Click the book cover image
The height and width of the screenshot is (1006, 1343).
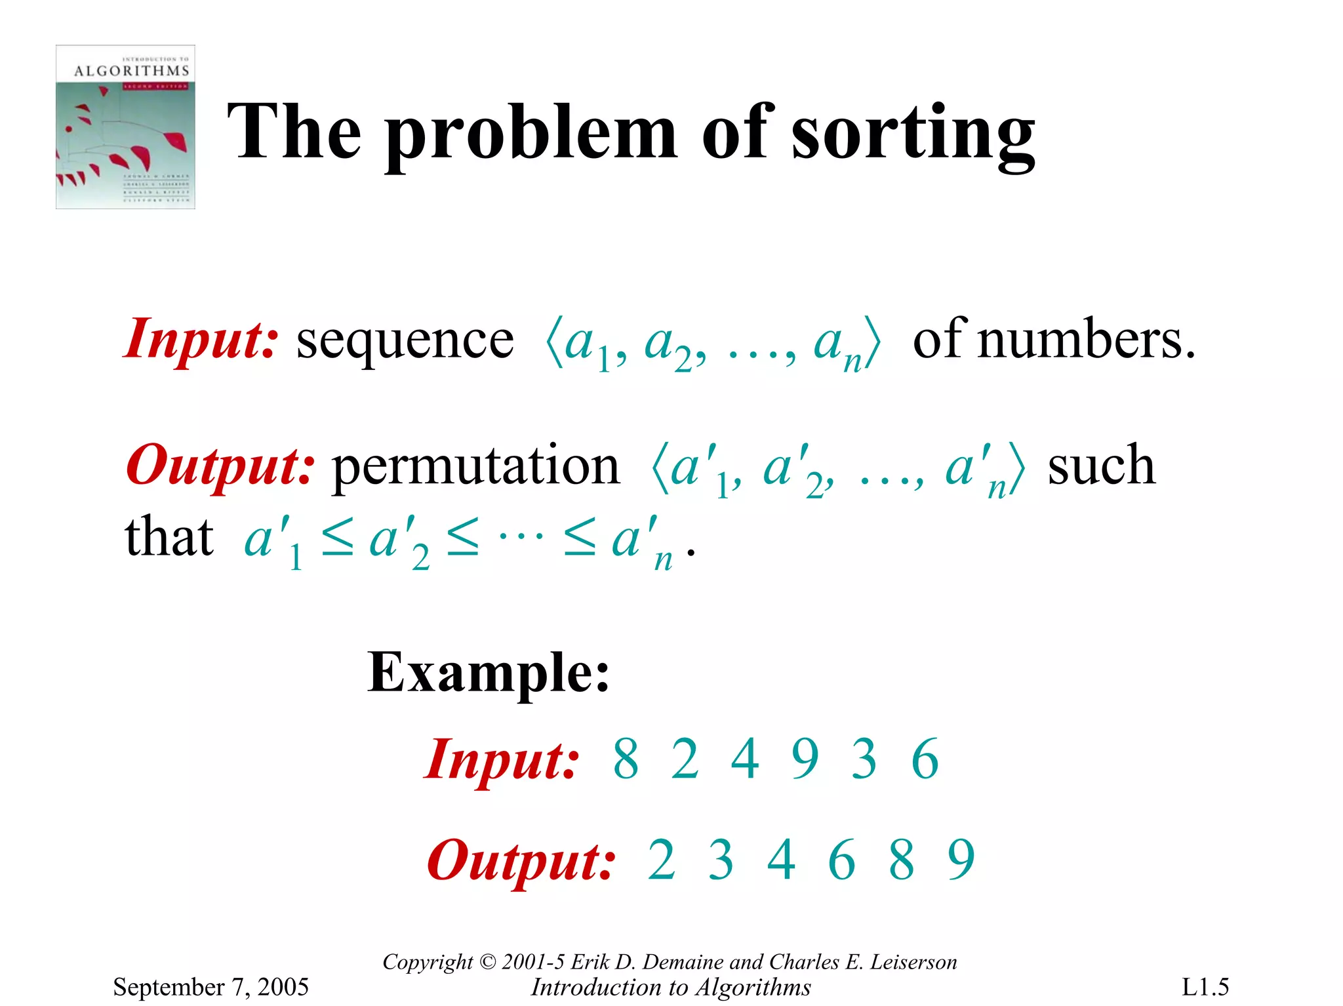coord(125,127)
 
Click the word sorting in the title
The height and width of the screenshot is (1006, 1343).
coord(913,134)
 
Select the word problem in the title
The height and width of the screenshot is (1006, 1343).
coord(531,134)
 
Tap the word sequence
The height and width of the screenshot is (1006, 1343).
coord(405,341)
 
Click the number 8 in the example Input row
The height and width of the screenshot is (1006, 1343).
coord(626,759)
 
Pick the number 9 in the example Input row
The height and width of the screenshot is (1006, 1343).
coord(805,759)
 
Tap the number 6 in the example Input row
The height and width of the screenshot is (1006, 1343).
coord(925,759)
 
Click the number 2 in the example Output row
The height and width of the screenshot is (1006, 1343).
coord(661,860)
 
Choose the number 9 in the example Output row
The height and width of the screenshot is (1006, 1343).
coord(961,860)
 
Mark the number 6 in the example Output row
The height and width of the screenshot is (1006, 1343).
coord(842,860)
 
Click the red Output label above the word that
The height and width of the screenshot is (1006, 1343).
coord(220,466)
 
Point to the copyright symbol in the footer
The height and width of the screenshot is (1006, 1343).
coord(487,962)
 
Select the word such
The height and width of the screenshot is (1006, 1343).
coord(1101,466)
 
